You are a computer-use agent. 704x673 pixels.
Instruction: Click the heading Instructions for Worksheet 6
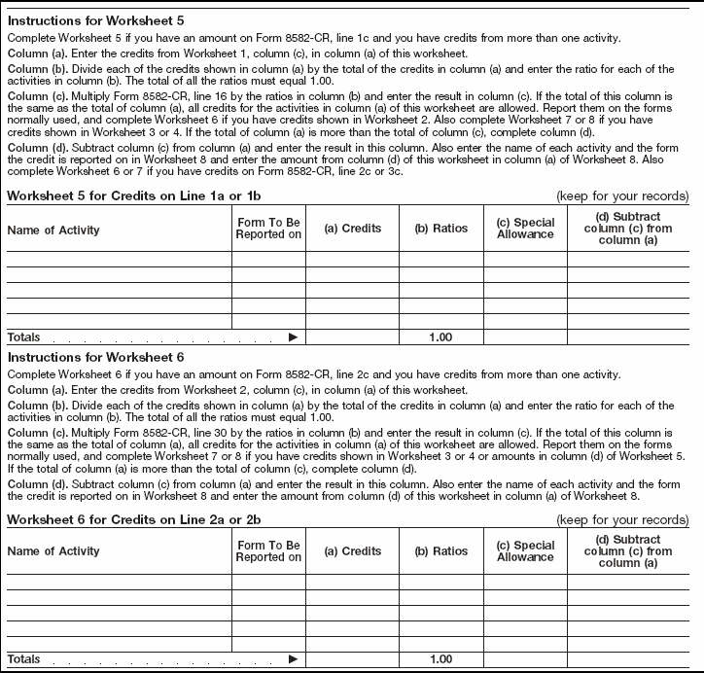click(95, 357)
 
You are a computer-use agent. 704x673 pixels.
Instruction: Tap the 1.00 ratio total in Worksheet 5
click(440, 336)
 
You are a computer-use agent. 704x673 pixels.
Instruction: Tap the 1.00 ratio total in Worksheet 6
click(440, 659)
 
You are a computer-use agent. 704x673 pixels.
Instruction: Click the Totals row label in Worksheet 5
click(24, 336)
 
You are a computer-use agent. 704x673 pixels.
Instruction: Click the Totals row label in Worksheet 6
click(24, 659)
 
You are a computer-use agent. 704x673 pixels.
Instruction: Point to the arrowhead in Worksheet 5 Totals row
click(292, 336)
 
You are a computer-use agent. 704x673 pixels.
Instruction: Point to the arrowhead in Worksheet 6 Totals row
click(292, 659)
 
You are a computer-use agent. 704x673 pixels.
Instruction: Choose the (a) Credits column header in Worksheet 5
click(352, 229)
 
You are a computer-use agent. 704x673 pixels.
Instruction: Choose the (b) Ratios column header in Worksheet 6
click(440, 551)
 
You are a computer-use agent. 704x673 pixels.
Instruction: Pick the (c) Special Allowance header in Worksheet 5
click(525, 229)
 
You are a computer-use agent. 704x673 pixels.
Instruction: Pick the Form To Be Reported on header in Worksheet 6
click(268, 551)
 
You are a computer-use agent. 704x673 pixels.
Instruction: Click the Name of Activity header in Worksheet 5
click(53, 230)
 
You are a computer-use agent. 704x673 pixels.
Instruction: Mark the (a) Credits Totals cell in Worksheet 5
click(352, 336)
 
